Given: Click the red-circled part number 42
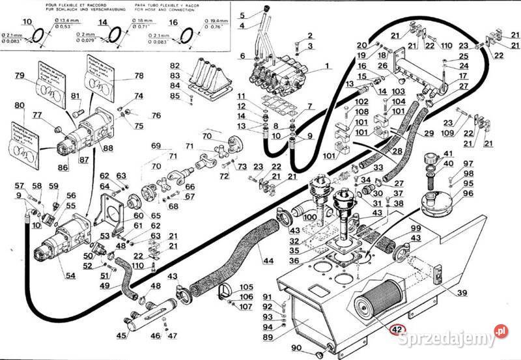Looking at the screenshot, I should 397,329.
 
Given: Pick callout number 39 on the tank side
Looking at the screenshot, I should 461,293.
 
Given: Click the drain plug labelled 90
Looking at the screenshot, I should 320,354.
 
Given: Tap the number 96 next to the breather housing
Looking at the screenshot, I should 468,193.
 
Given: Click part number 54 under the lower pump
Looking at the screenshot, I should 70,276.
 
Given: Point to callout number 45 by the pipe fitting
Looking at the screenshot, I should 121,336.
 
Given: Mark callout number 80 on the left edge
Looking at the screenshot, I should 19,105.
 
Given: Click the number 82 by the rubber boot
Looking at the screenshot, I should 175,66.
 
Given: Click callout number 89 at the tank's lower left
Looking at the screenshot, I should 268,337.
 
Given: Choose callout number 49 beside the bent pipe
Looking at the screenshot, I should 104,285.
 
